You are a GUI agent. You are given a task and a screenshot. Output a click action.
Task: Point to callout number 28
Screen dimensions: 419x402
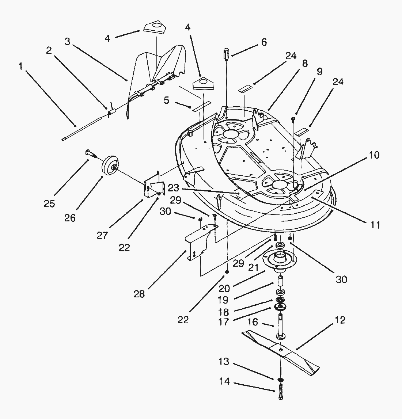[x=139, y=294]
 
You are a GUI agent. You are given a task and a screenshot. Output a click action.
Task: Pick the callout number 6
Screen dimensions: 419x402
[x=263, y=42]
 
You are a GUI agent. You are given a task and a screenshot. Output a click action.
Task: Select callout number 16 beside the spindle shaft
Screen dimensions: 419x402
[x=253, y=322]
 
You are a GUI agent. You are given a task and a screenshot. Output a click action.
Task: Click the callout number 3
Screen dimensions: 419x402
[x=67, y=41]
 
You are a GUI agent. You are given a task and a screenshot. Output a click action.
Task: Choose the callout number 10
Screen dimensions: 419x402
[x=375, y=156]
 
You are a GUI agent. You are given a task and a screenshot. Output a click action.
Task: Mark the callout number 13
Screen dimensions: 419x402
[x=223, y=362]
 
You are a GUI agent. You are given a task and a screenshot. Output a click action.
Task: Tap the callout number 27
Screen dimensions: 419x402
[x=103, y=235]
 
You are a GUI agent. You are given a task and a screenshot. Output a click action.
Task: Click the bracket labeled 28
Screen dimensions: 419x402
[x=197, y=243]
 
